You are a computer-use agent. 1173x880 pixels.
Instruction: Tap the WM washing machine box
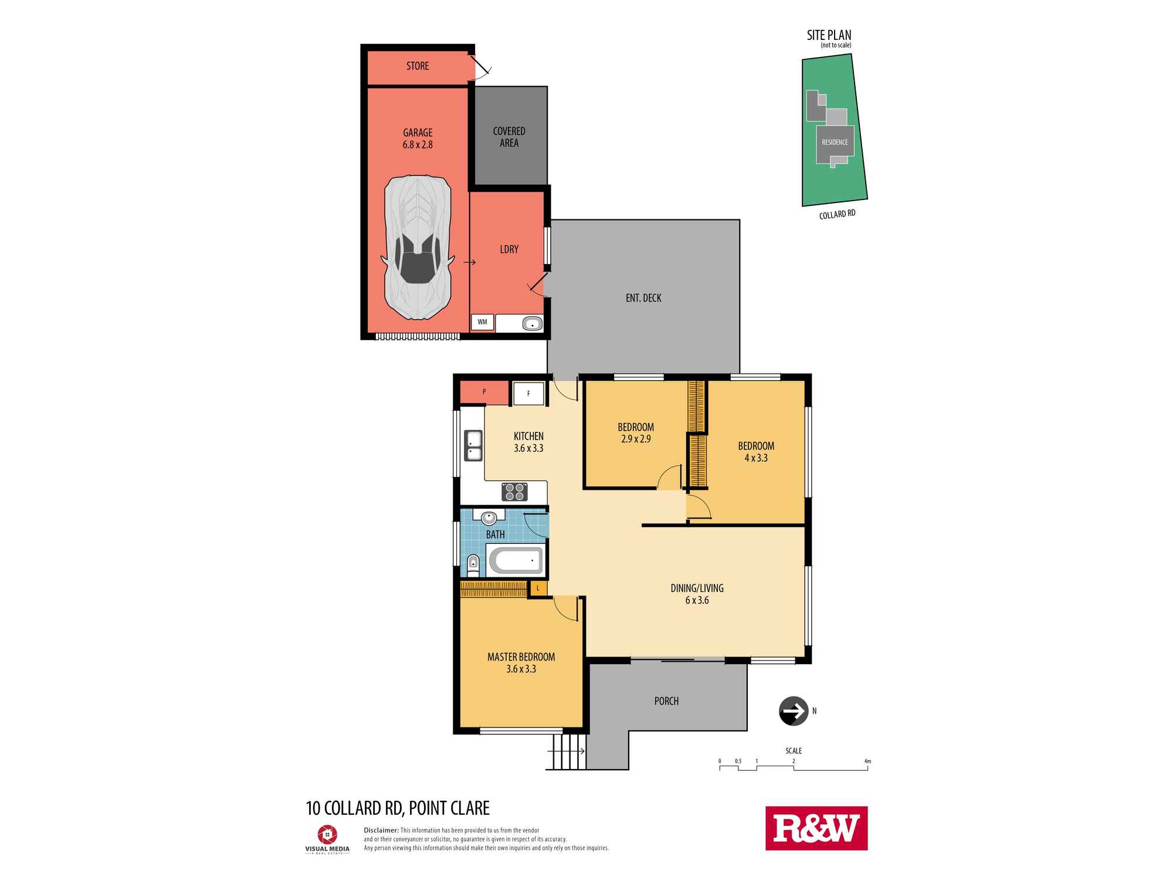point(482,322)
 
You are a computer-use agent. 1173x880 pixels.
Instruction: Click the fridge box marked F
point(528,394)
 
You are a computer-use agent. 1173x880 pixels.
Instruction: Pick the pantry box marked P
point(484,392)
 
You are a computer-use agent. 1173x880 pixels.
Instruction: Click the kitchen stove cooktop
point(514,492)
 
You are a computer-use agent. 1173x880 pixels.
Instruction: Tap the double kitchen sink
point(473,445)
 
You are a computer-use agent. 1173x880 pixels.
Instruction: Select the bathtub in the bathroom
point(516,561)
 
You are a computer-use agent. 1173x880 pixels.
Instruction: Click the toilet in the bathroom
point(473,564)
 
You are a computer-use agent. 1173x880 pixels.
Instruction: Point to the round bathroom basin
point(489,517)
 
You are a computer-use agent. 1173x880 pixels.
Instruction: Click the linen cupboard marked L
point(538,588)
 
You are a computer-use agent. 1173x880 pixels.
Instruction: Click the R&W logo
point(816,828)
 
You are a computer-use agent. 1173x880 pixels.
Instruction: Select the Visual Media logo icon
point(327,835)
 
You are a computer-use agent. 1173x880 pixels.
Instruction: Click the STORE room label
point(418,66)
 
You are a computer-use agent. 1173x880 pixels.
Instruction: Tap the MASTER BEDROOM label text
point(521,656)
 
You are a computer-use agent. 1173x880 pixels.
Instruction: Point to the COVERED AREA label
point(509,137)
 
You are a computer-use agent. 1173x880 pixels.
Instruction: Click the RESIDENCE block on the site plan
point(835,142)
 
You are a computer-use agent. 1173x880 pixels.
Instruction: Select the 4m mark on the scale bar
point(867,761)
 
